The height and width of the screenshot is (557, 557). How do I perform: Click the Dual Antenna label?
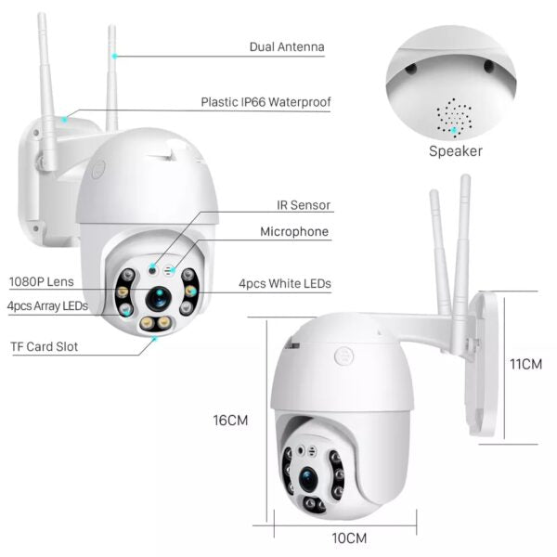287,46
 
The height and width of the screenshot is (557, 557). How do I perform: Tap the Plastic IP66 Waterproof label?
266,102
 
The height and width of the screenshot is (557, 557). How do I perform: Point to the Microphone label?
293,232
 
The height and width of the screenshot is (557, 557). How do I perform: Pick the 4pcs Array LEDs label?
47,305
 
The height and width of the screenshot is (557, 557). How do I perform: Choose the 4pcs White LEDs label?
285,283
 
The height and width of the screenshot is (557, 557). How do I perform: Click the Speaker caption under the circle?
455,150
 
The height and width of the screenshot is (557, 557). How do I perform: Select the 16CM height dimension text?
231,420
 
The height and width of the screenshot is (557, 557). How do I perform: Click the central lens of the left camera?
157,297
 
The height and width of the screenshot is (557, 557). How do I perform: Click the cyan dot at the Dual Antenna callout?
115,56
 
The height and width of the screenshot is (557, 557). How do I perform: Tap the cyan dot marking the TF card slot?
155,338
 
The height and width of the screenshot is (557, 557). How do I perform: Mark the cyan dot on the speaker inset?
454,131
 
